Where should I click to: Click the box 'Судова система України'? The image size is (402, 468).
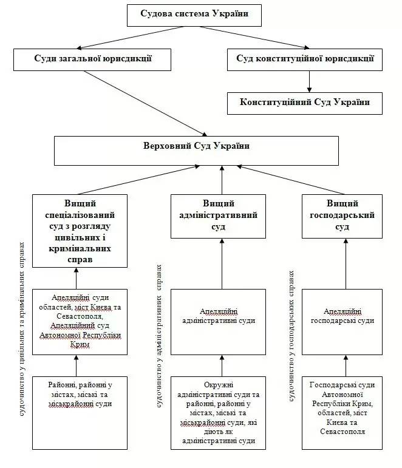click(194, 14)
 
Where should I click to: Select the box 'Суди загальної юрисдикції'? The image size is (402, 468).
click(84, 59)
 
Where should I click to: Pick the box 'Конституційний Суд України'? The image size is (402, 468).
click(306, 103)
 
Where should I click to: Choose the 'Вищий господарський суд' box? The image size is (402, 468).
click(342, 215)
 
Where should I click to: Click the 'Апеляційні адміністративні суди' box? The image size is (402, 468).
click(218, 322)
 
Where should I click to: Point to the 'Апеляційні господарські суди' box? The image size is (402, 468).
click(342, 322)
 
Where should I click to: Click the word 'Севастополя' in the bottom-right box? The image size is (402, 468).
click(342, 432)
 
